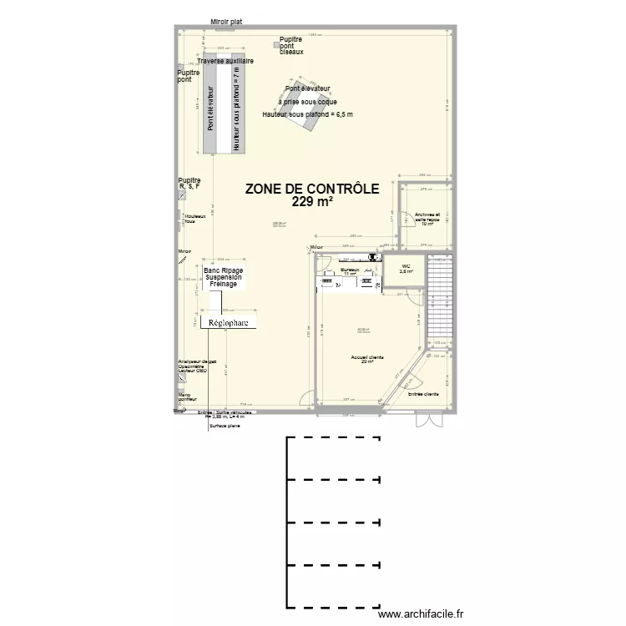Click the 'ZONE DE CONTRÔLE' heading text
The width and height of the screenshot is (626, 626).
[312, 189]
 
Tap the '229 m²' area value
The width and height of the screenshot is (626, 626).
[313, 202]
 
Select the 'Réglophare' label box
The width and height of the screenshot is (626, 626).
[228, 322]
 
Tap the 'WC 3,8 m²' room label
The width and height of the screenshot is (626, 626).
[406, 269]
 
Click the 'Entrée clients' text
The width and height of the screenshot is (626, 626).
[423, 393]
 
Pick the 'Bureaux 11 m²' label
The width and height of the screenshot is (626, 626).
[349, 272]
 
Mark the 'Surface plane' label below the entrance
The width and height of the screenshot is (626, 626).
[225, 427]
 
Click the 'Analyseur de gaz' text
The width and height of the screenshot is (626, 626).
[197, 361]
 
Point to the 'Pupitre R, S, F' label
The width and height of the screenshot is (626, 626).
[189, 184]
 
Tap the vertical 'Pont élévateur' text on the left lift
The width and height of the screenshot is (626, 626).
[211, 109]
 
